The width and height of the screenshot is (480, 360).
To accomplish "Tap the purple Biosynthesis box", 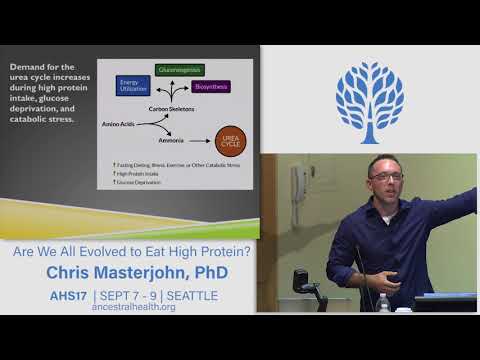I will click(212, 87).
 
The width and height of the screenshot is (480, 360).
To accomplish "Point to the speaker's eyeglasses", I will click(386, 176).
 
